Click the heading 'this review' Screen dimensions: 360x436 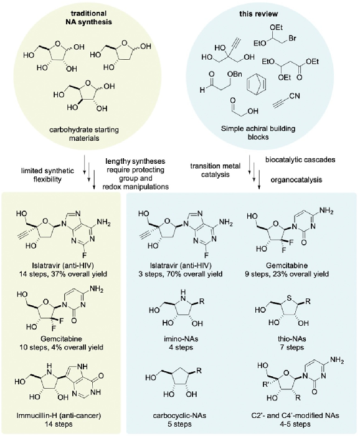(x=258, y=14)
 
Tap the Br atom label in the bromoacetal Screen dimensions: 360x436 (x=292, y=38)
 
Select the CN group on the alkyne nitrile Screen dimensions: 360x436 (x=294, y=96)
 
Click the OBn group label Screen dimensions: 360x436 (x=235, y=75)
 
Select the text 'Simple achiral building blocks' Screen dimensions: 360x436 (x=258, y=133)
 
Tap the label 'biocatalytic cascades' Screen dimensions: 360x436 (x=300, y=159)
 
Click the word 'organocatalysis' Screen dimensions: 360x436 (x=296, y=180)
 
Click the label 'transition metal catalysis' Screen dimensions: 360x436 (x=215, y=170)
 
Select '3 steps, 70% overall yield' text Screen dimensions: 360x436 (x=181, y=274)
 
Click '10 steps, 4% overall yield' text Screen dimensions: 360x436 (x=61, y=348)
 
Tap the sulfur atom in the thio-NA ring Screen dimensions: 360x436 (x=289, y=298)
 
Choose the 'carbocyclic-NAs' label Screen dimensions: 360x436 (x=179, y=416)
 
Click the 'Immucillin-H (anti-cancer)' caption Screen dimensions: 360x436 (x=59, y=415)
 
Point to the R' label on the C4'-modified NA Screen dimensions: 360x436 (x=267, y=385)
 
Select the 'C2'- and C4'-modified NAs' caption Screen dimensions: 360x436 (x=295, y=416)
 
